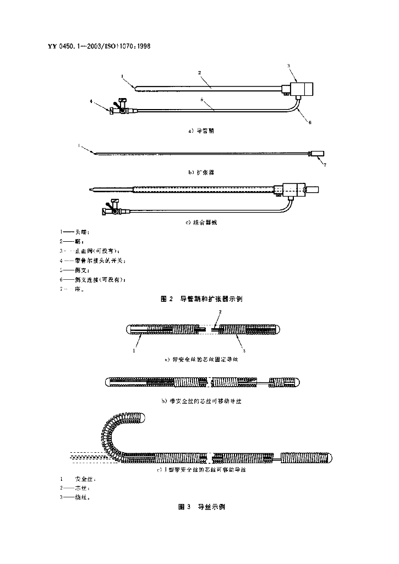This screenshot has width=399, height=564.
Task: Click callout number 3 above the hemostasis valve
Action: [288, 66]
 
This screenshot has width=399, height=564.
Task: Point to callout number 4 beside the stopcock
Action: [92, 101]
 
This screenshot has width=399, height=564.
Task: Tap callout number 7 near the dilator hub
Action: [324, 165]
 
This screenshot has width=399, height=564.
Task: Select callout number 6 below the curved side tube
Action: [310, 122]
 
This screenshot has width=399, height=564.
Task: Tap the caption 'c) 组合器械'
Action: [205, 223]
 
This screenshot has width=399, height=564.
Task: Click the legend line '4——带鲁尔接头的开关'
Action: [93, 261]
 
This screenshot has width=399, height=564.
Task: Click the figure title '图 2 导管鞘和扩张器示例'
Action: [201, 299]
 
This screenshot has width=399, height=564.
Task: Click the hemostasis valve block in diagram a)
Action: [302, 89]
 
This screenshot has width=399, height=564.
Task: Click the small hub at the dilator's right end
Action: [318, 154]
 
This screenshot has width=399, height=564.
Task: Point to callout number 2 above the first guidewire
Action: [220, 312]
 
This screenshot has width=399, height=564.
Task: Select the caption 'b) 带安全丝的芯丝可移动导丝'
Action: [201, 402]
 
